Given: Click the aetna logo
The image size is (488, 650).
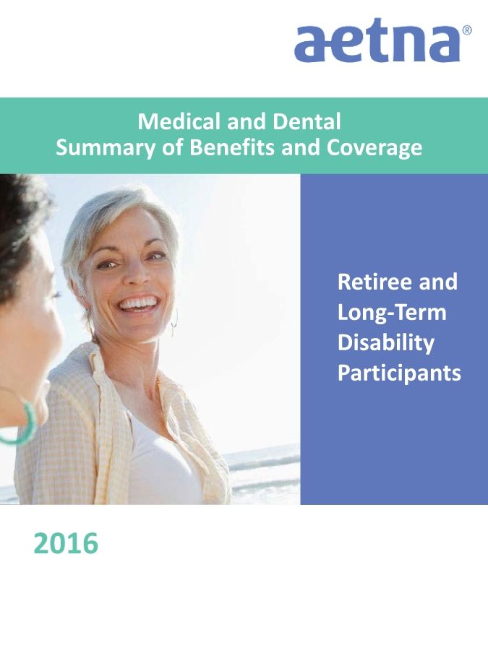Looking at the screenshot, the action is (x=377, y=40).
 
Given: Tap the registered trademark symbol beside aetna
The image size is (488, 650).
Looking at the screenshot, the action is (x=466, y=30).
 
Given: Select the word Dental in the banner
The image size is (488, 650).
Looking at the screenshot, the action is (x=307, y=121).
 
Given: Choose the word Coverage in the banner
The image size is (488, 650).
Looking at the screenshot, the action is (x=374, y=148).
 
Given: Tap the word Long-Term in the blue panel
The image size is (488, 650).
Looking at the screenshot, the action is (x=392, y=313).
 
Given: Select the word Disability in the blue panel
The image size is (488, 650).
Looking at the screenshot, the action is (x=386, y=344).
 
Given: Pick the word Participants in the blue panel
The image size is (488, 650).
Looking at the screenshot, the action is (x=399, y=373).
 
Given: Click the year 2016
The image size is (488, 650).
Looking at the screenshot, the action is (x=66, y=543).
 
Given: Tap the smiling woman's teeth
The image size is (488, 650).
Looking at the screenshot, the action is (x=138, y=303).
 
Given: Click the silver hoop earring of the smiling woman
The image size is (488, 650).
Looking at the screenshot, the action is (x=174, y=324).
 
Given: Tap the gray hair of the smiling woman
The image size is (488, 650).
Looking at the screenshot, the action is (x=112, y=220).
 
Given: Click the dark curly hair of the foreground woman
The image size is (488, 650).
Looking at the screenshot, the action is (x=21, y=232).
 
